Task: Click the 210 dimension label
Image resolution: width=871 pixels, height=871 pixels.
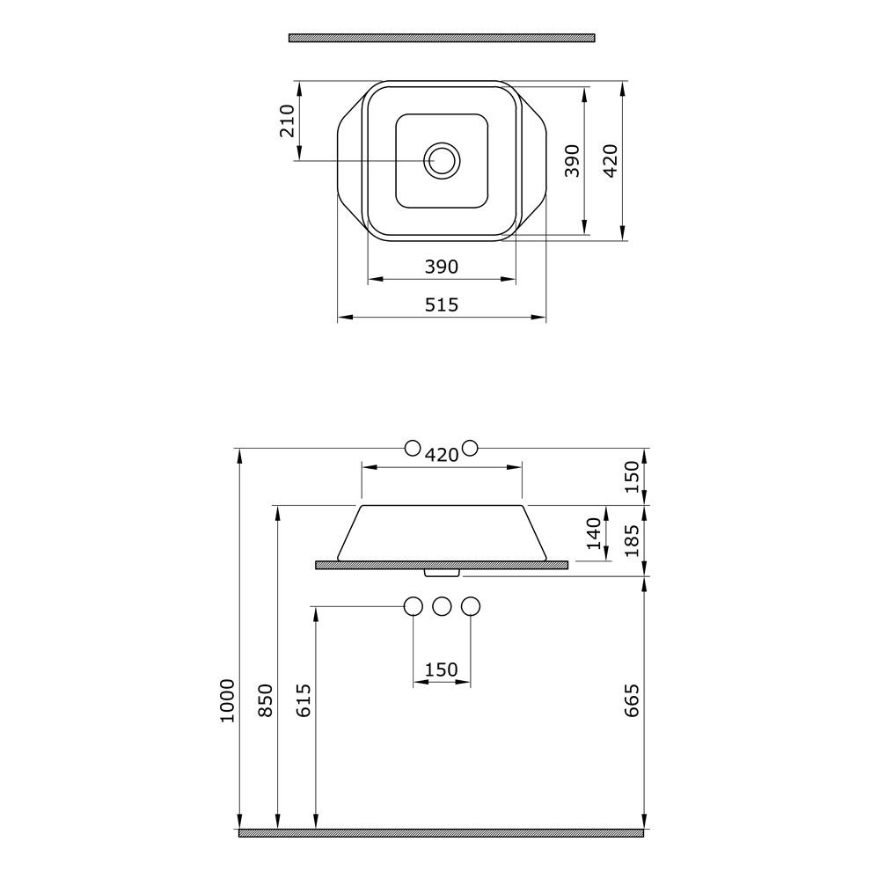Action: click(x=287, y=121)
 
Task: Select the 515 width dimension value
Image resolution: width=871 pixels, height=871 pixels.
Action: click(x=442, y=304)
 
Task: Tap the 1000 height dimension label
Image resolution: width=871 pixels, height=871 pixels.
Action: click(x=227, y=700)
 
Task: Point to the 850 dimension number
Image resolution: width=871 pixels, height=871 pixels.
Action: click(x=267, y=700)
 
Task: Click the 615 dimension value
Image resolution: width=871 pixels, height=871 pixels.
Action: click(x=304, y=700)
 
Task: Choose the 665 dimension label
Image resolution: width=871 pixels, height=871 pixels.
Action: click(x=633, y=700)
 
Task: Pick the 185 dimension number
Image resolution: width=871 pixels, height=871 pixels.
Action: click(x=633, y=540)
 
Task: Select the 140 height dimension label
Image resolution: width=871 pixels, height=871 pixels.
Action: click(x=595, y=533)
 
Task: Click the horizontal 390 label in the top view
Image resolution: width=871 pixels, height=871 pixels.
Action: click(x=442, y=267)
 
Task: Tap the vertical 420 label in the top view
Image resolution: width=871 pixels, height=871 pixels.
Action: click(x=610, y=160)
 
